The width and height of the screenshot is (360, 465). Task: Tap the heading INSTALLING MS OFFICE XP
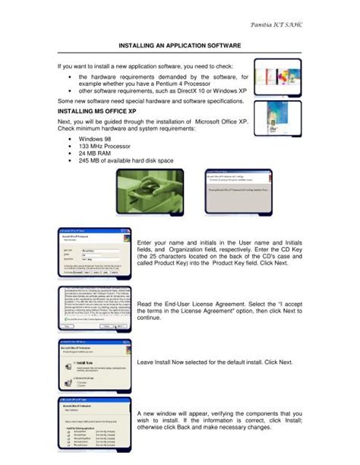click(96, 111)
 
